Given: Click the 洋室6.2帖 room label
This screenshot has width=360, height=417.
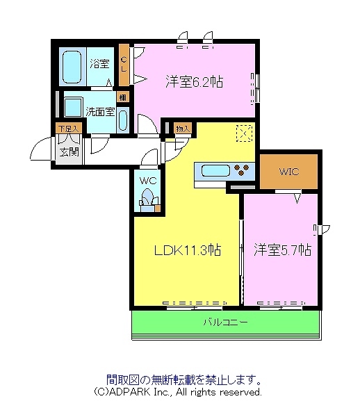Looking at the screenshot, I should coord(194,81).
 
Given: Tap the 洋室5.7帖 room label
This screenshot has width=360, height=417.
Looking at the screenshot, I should coord(281,248).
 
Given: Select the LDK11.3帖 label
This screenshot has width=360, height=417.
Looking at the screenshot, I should coord(187,249).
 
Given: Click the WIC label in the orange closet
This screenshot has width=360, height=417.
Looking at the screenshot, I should coord(289,171).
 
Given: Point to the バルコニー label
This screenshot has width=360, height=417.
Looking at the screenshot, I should coord(226,322).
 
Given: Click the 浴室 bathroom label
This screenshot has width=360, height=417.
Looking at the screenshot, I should coord(100,65).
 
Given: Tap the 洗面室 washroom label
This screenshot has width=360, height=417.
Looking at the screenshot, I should coord(100,111).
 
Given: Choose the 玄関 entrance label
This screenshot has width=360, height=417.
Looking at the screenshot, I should coord(68,152).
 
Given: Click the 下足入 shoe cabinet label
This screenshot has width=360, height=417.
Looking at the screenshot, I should coord(69,129).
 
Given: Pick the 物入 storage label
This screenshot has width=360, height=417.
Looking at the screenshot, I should coord(183,129).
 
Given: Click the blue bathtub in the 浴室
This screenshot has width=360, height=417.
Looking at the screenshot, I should coord(72,67).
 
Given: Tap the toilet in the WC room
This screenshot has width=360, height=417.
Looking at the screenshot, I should coord(147,200).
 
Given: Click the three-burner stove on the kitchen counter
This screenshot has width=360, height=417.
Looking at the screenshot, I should coord(243,170).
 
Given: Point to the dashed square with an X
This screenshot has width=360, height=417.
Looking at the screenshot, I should coord(244,133).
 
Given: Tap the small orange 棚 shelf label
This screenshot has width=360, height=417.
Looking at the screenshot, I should coord(122,97).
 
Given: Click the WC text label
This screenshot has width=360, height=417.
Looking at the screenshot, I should coord(148,180).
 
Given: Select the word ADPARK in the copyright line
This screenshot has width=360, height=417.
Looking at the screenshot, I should coord(125,392).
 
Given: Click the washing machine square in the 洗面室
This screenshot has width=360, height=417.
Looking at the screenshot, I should coord(72,107).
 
